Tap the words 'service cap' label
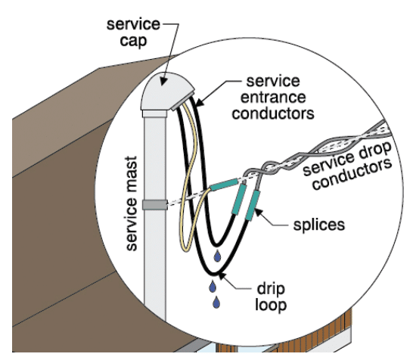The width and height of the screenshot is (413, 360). pyautogui.click(x=133, y=33)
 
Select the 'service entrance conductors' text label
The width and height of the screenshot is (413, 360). pyautogui.click(x=273, y=98)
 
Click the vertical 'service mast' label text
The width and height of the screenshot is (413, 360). pyautogui.click(x=132, y=203)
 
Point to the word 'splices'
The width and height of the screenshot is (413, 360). pyautogui.click(x=319, y=225)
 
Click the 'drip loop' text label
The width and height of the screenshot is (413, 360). pyautogui.click(x=271, y=297)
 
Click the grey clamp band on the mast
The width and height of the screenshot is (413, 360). pyautogui.click(x=155, y=205)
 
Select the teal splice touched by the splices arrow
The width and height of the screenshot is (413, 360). pyautogui.click(x=253, y=206)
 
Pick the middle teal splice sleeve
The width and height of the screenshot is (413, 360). pyautogui.click(x=239, y=199)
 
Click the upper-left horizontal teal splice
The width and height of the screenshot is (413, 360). pyautogui.click(x=224, y=185)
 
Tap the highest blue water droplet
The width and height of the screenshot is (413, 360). pyautogui.click(x=217, y=256)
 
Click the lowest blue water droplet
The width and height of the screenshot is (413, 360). pyautogui.click(x=216, y=302)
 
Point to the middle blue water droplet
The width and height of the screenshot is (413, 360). pyautogui.click(x=213, y=287)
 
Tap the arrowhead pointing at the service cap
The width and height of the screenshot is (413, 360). pyautogui.click(x=163, y=80)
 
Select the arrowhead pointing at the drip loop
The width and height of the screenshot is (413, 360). pyautogui.click(x=222, y=276)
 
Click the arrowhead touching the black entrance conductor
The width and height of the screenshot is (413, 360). pyautogui.click(x=200, y=102)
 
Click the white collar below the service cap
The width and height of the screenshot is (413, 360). pyautogui.click(x=154, y=113)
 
